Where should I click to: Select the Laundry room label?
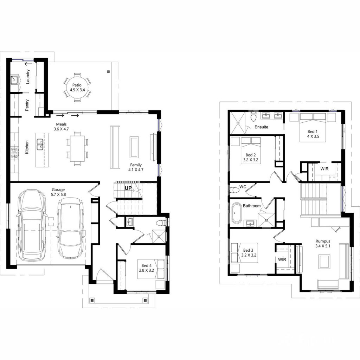28,76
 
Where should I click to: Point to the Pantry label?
27,105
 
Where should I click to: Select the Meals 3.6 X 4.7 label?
61,127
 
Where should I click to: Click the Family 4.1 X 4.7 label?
136,167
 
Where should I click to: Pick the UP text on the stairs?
128,188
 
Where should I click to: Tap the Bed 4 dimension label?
147,268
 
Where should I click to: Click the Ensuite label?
262,127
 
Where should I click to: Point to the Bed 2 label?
251,157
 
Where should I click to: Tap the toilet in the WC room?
234,190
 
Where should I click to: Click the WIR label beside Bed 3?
282,259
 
